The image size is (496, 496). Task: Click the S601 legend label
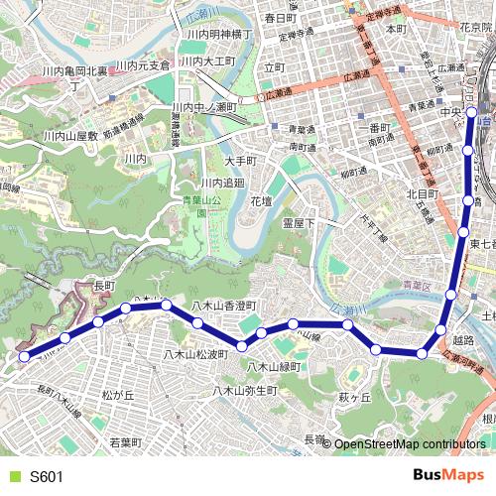pos(47,477)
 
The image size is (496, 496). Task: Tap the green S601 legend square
pos(13,477)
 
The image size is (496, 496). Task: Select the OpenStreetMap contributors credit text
pos(409,444)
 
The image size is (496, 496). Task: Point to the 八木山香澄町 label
pos(224,306)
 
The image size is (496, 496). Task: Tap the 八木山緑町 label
pos(274,367)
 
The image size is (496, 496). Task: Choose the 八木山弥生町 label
pos(245,391)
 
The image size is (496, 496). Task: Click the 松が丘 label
pos(117,395)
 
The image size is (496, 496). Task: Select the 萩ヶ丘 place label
pos(354,397)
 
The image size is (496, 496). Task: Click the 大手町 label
pos(241,161)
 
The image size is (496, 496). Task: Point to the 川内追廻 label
pos(222,184)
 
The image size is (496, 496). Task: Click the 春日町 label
pos(281,18)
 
